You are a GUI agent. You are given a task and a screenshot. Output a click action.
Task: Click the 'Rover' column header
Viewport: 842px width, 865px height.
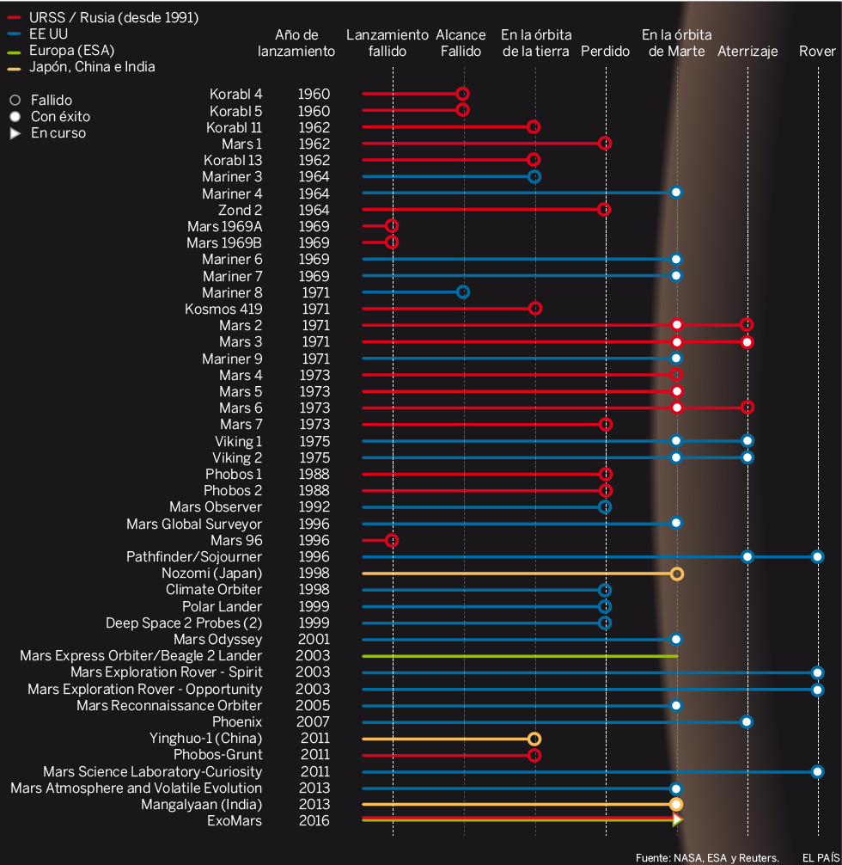click(816, 52)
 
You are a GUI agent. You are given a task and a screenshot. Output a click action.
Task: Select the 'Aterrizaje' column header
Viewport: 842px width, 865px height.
click(747, 52)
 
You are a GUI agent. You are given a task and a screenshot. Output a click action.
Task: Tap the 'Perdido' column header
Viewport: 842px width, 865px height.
click(605, 52)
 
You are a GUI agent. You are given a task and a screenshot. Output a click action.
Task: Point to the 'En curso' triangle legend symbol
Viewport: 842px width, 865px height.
click(15, 133)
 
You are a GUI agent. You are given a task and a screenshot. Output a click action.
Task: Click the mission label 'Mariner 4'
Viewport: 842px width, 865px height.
click(232, 193)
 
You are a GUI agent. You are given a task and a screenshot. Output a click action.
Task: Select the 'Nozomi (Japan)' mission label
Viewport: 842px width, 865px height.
click(211, 574)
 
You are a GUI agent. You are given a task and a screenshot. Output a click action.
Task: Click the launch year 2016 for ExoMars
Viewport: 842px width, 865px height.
click(314, 821)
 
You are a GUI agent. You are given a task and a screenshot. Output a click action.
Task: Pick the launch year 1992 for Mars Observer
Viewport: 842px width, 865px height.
click(314, 507)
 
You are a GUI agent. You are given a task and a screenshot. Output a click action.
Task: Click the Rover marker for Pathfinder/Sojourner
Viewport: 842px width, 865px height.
click(817, 557)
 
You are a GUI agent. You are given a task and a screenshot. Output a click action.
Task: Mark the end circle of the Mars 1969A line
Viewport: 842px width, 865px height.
click(392, 226)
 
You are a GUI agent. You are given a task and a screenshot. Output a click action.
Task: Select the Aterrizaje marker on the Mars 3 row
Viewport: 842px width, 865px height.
click(747, 342)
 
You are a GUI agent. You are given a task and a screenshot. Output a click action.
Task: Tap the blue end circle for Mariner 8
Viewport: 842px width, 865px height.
click(463, 292)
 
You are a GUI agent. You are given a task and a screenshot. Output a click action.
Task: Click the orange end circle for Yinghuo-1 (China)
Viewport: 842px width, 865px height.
click(534, 739)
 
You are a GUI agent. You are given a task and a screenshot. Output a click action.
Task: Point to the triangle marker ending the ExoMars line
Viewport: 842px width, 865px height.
click(677, 820)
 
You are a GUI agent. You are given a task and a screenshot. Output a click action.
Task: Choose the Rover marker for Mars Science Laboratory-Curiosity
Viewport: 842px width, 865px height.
click(817, 772)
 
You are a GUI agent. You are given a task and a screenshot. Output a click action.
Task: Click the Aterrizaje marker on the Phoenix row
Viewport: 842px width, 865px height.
click(747, 722)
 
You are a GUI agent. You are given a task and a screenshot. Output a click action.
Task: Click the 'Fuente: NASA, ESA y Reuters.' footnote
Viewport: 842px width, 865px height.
click(707, 857)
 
